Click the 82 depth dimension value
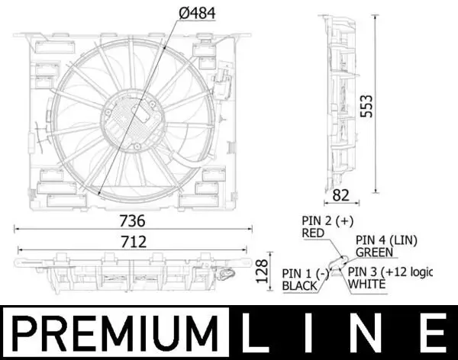(x=341, y=195)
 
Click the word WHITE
(x=368, y=284)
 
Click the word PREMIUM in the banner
(x=114, y=333)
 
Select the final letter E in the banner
(x=433, y=333)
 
